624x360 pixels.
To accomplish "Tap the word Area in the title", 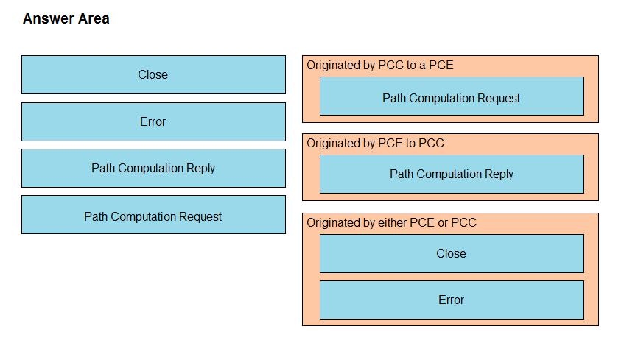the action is click(x=93, y=18).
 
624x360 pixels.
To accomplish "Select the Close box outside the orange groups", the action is click(x=154, y=75).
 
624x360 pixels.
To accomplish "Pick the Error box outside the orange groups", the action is click(x=154, y=121).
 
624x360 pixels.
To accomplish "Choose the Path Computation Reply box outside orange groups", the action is click(x=154, y=169).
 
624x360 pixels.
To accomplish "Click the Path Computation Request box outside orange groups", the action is click(x=154, y=215).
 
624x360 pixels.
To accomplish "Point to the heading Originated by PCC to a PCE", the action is click(x=379, y=65).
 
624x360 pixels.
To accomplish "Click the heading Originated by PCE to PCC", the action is click(x=375, y=143).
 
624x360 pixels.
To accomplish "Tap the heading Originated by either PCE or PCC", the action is click(x=391, y=222).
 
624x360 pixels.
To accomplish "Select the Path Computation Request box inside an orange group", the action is click(x=452, y=96).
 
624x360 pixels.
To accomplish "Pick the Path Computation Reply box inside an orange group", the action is click(x=452, y=174).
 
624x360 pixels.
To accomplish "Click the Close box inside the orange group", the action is click(x=452, y=254).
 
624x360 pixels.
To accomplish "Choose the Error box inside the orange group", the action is click(x=452, y=300).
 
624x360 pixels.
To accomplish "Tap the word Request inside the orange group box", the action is click(x=499, y=98).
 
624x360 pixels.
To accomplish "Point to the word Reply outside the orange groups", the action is click(x=200, y=169).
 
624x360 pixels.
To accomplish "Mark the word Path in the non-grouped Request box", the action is click(x=96, y=216).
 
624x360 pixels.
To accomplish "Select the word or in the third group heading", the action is click(x=443, y=223).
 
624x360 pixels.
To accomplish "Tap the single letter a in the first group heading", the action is click(x=421, y=66).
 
